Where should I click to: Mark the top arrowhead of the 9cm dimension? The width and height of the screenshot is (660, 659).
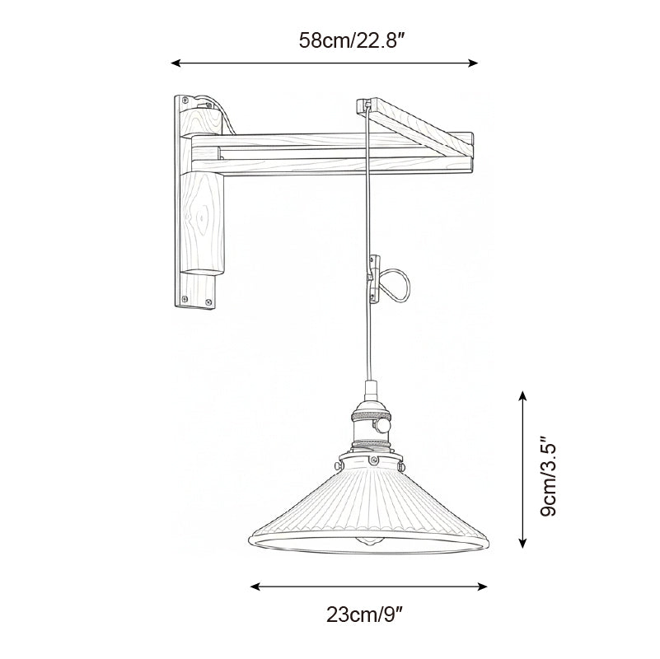point(522,396)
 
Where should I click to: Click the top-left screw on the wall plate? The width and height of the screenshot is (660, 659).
point(180,102)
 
